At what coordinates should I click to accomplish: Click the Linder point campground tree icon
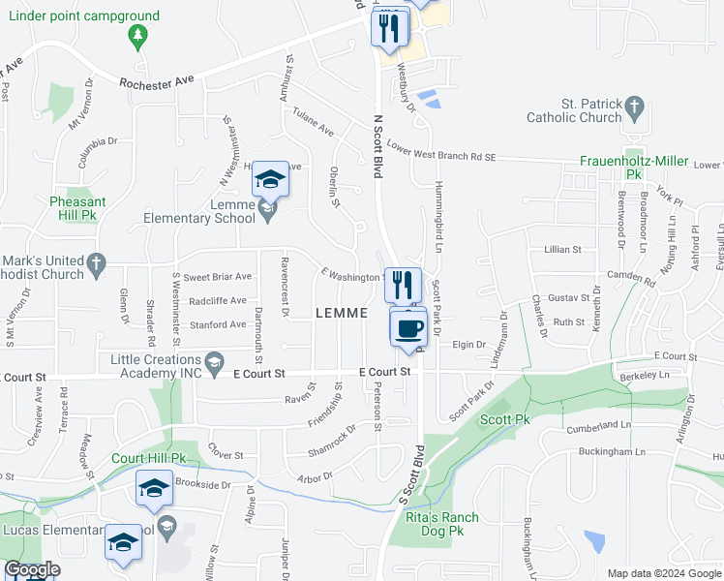point(137,37)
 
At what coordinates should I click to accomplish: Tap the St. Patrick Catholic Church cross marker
point(634,107)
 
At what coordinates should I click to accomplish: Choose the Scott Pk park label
point(503,420)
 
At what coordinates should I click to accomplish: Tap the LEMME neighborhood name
point(342,313)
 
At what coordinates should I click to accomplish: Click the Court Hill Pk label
point(148,457)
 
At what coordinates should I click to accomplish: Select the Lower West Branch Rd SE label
point(440,152)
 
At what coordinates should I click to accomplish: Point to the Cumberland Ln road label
point(598,425)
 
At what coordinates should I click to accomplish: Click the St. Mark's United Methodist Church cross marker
point(95,262)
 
